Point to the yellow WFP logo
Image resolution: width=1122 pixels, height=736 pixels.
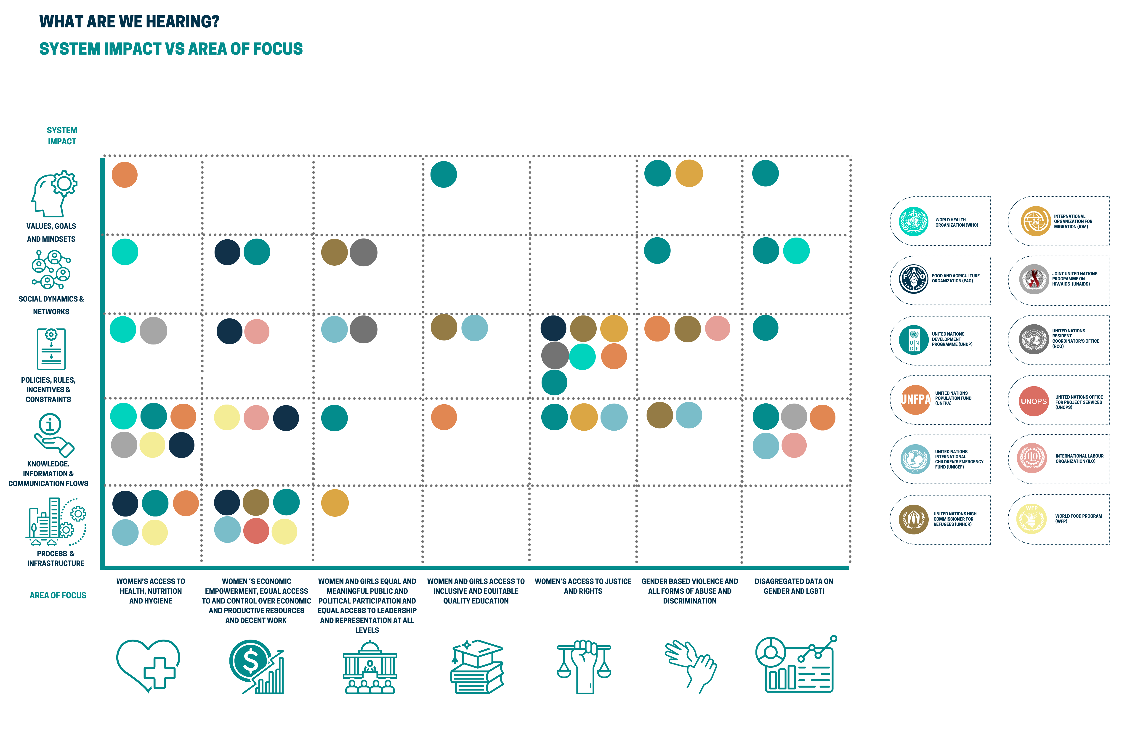click(x=1032, y=519)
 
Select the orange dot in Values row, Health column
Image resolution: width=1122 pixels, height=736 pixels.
click(x=125, y=175)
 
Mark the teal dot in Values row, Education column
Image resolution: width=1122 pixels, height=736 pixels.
click(x=444, y=174)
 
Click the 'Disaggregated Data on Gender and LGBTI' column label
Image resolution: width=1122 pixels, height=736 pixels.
click(x=794, y=586)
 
